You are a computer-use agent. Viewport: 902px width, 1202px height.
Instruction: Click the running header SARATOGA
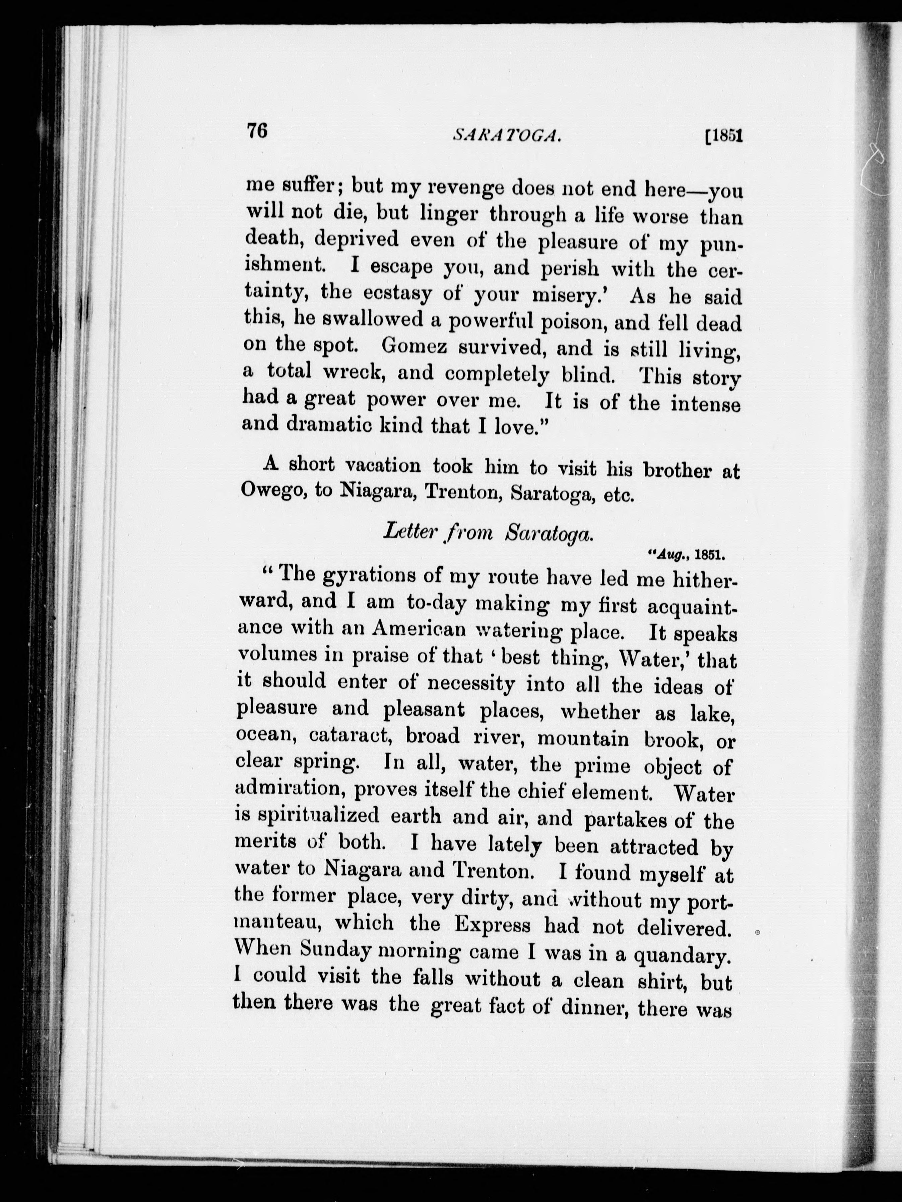506,136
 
